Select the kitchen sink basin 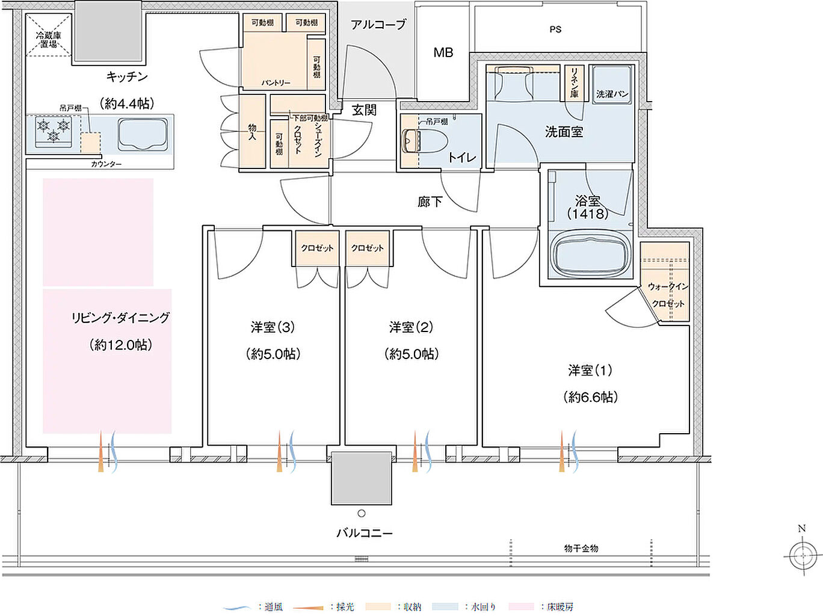143,134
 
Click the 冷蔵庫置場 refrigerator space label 48,40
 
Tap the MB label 443,53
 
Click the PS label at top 555,29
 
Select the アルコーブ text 378,25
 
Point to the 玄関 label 364,110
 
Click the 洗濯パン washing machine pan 612,85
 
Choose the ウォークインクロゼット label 667,295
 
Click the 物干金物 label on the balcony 581,548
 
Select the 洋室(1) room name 590,371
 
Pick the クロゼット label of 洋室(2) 367,248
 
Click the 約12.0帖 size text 120,345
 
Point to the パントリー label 276,82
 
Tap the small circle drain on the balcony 361,513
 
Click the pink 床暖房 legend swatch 521,607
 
